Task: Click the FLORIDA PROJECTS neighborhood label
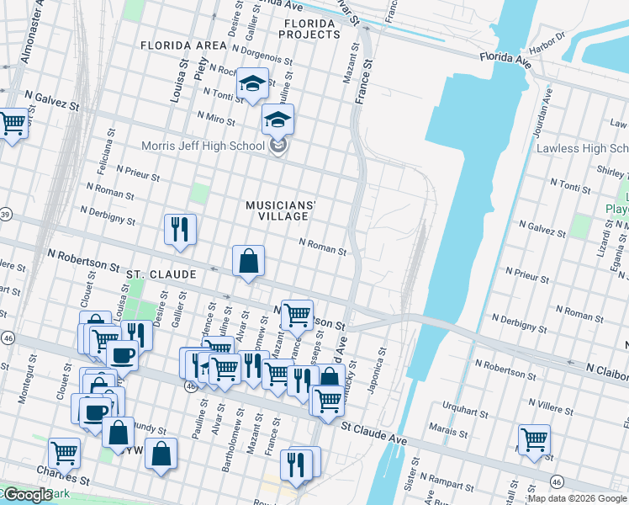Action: point(312,29)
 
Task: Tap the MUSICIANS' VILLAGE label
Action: point(281,210)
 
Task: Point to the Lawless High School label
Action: point(583,149)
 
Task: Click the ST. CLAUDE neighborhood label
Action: point(161,274)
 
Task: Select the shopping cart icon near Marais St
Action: point(535,439)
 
